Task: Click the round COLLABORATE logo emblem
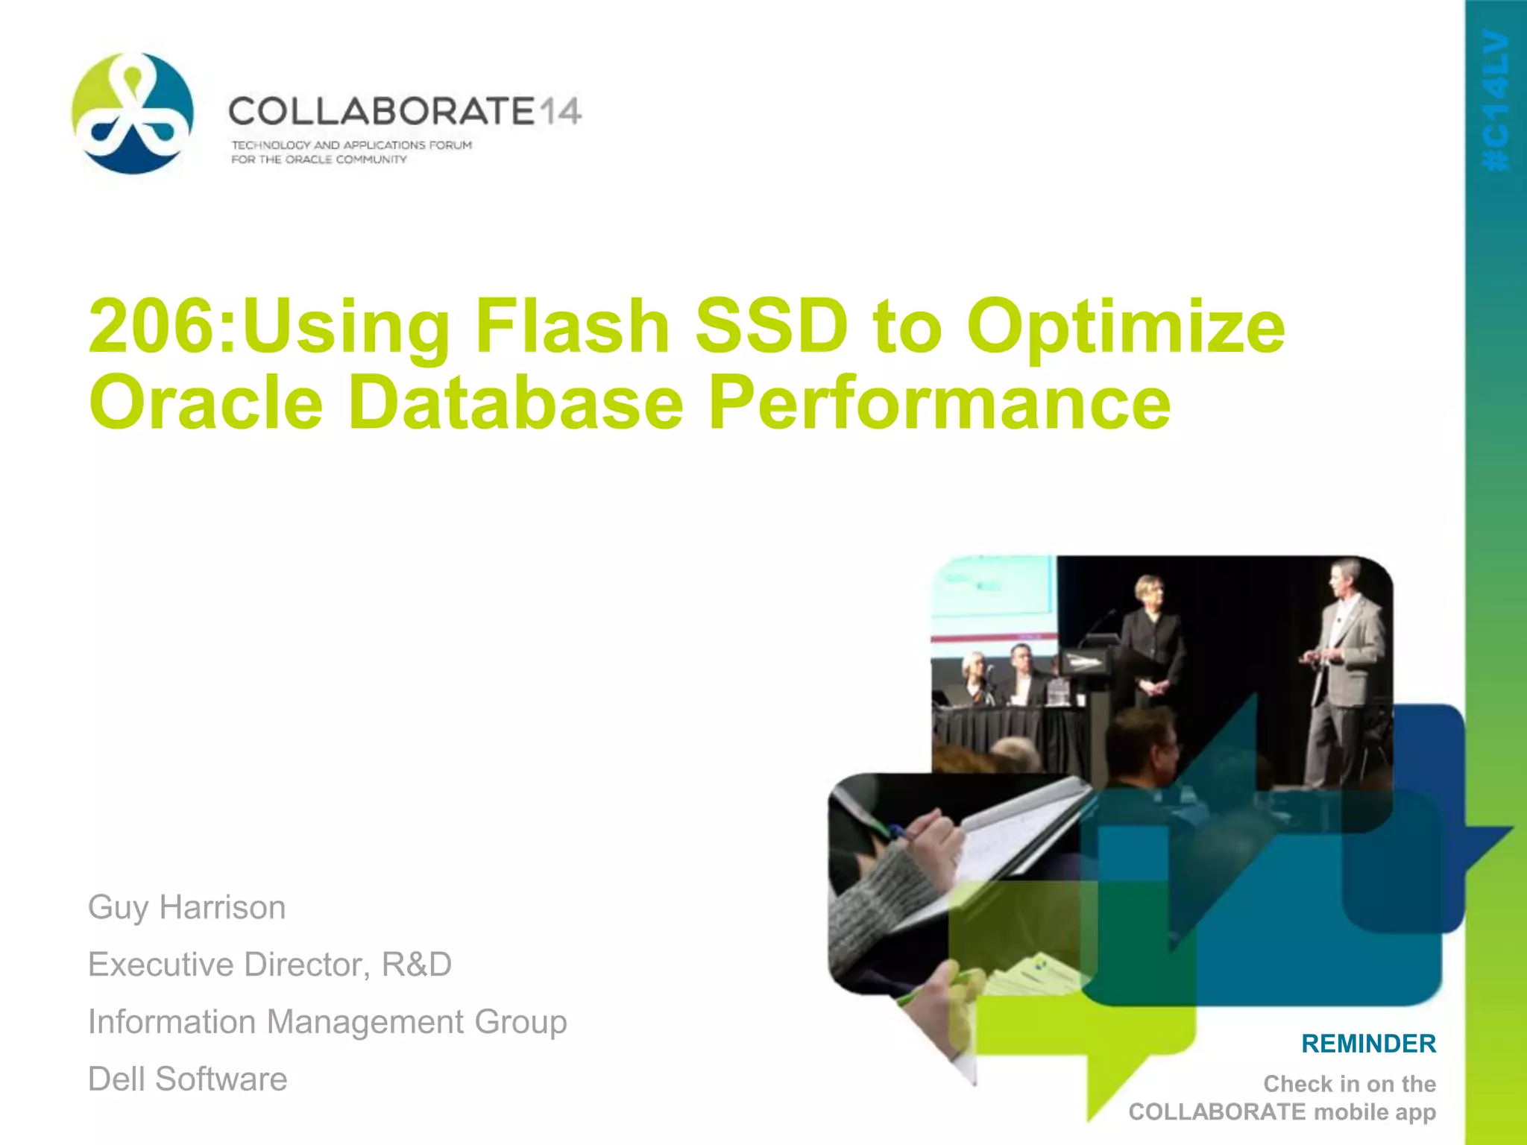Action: (133, 113)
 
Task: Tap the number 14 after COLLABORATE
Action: (558, 112)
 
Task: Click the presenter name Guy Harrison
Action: (186, 908)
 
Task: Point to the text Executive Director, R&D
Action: (270, 965)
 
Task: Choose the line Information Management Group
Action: (327, 1022)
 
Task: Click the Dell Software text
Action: (187, 1079)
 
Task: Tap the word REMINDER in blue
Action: (1368, 1044)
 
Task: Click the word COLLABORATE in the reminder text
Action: (1217, 1111)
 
